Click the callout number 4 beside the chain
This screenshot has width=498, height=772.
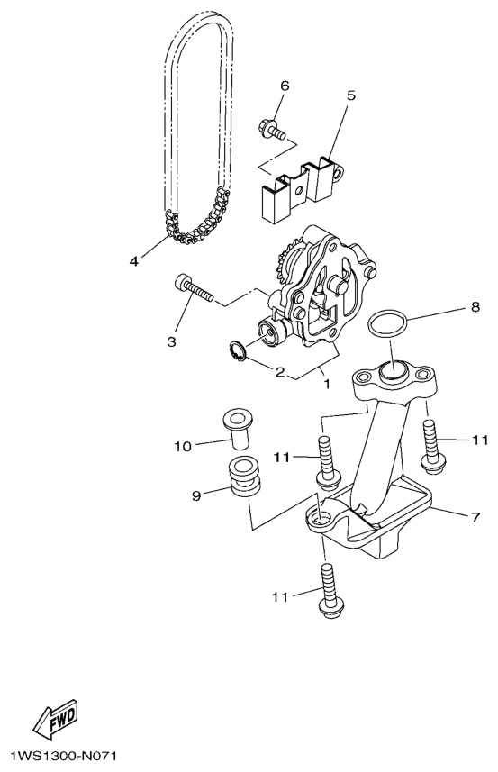point(134,261)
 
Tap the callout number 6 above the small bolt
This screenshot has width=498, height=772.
point(285,86)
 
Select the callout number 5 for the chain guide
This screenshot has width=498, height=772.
point(350,95)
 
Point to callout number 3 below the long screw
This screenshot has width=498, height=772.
point(171,341)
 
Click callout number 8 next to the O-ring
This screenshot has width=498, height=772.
point(475,307)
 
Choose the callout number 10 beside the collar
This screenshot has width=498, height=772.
point(182,447)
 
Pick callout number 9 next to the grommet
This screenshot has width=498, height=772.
point(196,495)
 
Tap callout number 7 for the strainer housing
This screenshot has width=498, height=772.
point(475,517)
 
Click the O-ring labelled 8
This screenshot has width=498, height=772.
point(387,324)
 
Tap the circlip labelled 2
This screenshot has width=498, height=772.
point(237,352)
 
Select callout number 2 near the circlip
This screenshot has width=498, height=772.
point(280,372)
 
